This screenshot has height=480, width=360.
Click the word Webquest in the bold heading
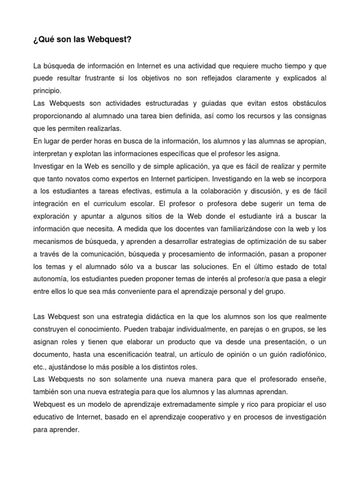[x=113, y=40]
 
